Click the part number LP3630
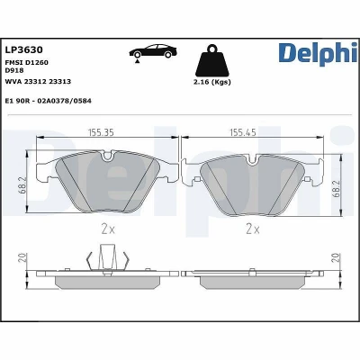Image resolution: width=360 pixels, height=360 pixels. (24, 49)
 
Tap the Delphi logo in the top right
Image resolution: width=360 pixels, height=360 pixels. (318, 54)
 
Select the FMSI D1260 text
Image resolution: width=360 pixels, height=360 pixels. (27, 62)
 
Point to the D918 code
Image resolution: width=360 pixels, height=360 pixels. (14, 70)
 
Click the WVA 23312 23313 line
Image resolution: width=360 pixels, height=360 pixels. (38, 81)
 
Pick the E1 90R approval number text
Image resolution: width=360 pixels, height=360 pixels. (49, 101)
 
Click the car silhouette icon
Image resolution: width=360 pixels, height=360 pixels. (153, 51)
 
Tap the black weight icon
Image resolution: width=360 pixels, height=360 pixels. (212, 60)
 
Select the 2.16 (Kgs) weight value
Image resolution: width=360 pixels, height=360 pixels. (212, 82)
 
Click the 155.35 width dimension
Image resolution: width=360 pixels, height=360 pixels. (101, 132)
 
